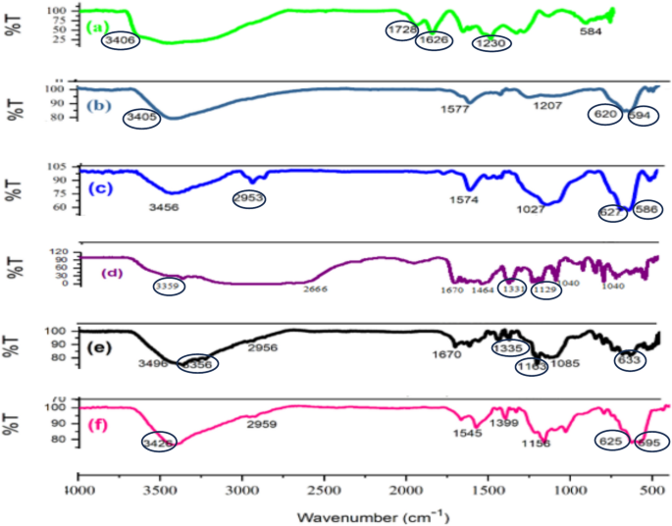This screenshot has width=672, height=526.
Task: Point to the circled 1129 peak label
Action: pyautogui.click(x=545, y=289)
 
